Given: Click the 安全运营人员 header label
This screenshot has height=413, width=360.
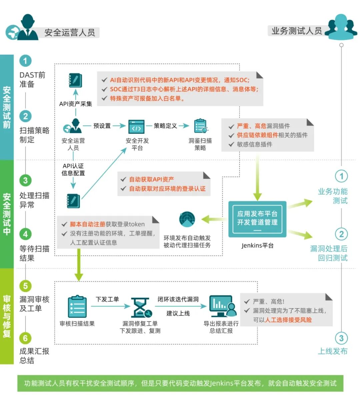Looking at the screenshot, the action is click(x=70, y=32).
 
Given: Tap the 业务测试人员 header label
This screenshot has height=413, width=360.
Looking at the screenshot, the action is click(x=296, y=31).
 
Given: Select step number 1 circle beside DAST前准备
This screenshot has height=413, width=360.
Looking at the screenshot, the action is click(x=25, y=61).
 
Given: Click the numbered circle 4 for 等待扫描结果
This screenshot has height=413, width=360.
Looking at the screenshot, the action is click(x=25, y=234).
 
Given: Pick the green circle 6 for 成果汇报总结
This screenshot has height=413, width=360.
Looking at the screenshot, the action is click(x=25, y=338).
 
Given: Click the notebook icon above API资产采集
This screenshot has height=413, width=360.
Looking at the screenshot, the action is click(x=75, y=80).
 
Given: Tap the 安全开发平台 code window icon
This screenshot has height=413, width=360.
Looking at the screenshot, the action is click(x=137, y=127).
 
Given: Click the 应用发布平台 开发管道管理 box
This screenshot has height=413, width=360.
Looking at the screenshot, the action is click(x=257, y=219).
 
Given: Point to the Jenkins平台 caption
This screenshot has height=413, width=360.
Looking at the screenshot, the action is click(x=257, y=246).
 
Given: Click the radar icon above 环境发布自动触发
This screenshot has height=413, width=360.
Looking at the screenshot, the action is click(x=187, y=219).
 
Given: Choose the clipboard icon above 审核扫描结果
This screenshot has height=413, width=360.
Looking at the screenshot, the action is click(x=77, y=307).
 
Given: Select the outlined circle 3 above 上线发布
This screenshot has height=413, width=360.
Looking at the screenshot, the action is click(x=341, y=338).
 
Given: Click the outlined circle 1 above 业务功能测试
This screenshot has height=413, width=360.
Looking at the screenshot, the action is click(x=341, y=176).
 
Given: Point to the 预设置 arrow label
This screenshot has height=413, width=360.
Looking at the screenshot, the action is click(x=102, y=126).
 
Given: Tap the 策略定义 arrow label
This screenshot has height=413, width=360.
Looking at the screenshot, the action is click(x=165, y=126).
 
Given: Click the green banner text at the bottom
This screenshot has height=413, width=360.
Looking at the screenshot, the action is click(x=180, y=383).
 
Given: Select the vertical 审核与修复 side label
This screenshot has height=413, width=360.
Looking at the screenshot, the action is click(x=7, y=316).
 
